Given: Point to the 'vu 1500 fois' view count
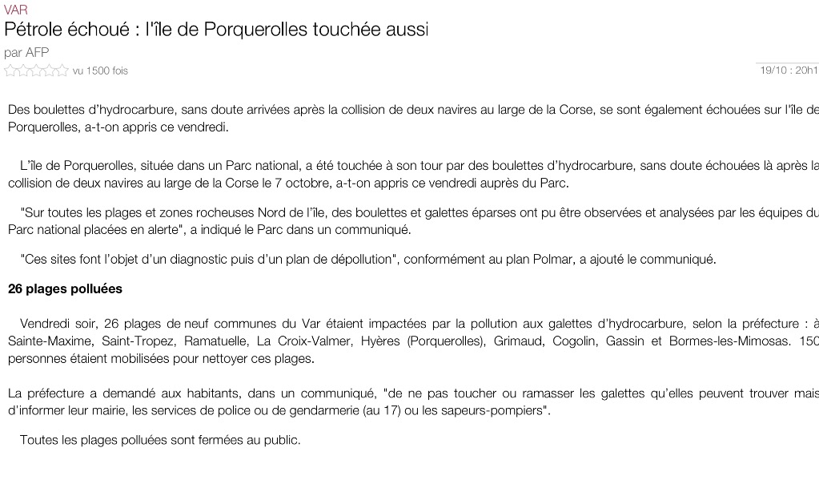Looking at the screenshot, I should click(x=100, y=71).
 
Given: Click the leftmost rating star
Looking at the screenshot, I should click(x=10, y=71).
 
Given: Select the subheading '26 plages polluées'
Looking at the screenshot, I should click(x=65, y=288).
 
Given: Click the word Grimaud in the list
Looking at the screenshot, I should click(x=516, y=341).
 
